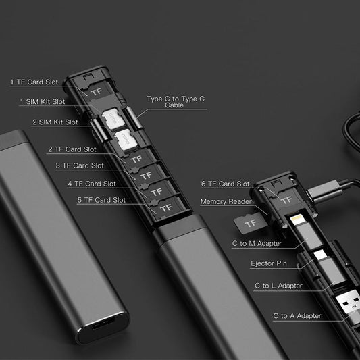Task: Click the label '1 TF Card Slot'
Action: pyautogui.click(x=34, y=82)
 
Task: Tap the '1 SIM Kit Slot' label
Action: pyautogui.click(x=42, y=102)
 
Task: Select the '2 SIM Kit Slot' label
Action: pyautogui.click(x=55, y=122)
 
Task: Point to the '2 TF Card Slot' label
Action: pyautogui.click(x=72, y=149)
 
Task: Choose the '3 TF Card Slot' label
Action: pyautogui.click(x=80, y=165)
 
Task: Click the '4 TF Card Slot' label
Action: pyautogui.click(x=91, y=183)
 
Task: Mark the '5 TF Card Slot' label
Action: pyautogui.click(x=101, y=200)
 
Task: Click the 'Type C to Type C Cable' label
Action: pyautogui.click(x=176, y=102)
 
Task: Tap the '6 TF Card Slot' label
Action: pyautogui.click(x=226, y=184)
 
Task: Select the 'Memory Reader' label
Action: pyautogui.click(x=226, y=201)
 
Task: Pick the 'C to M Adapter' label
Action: pyautogui.click(x=257, y=243)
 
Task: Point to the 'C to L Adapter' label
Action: pyautogui.click(x=278, y=286)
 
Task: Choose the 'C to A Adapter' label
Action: pyautogui.click(x=297, y=315)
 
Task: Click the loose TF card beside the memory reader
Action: pyautogui.click(x=251, y=222)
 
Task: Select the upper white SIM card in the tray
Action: pyautogui.click(x=113, y=119)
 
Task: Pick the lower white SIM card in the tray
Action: pyautogui.click(x=125, y=140)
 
